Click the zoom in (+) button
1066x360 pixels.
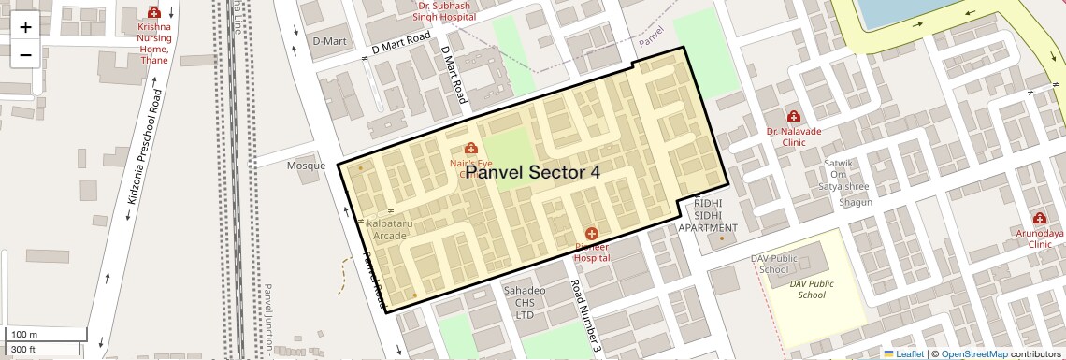coord(25,26)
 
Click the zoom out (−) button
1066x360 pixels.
coord(25,54)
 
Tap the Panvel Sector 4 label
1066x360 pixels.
coord(532,173)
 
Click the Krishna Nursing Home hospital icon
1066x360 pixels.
coord(154,13)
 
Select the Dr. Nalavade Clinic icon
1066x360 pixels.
coord(793,116)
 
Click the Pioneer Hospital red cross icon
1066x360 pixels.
coord(591,233)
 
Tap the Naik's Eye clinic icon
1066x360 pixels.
coord(470,149)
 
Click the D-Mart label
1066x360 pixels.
coord(329,41)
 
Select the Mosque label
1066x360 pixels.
coord(306,166)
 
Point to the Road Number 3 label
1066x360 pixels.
coord(584,317)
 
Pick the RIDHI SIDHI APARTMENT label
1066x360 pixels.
coord(708,215)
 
